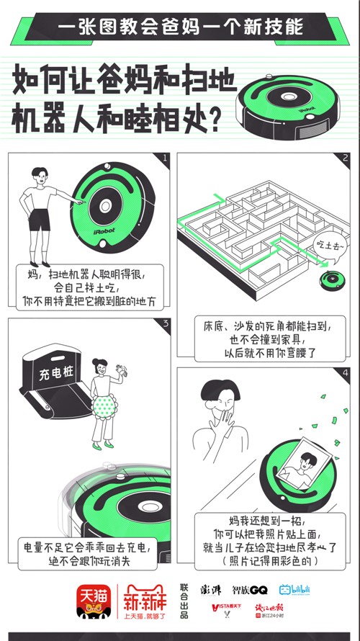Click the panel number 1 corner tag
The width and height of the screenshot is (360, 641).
pos(165,158)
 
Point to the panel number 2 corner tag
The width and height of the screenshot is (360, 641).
pos(345,158)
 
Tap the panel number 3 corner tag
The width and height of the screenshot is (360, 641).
pos(165,323)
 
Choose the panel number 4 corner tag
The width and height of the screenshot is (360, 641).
pos(345,373)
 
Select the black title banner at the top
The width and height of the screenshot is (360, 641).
pos(179,28)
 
